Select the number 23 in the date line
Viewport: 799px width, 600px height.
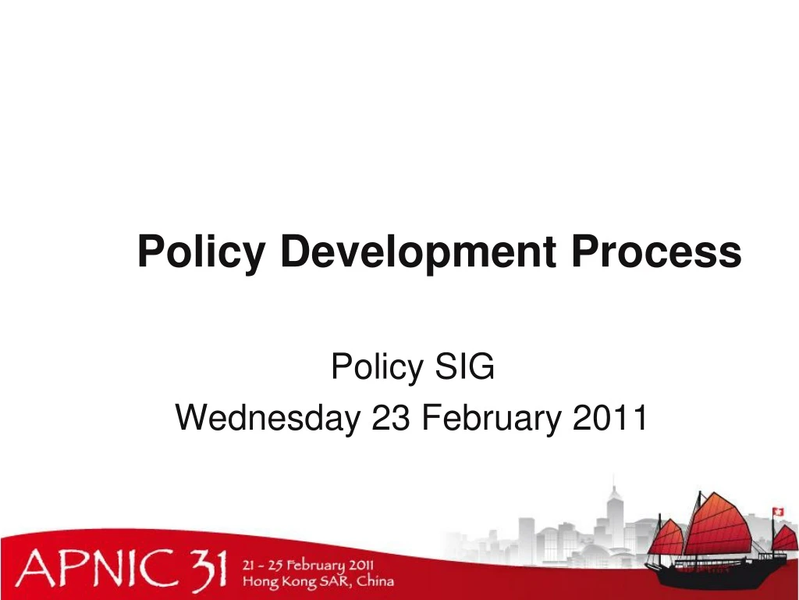[392, 419]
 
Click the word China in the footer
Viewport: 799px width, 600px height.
[375, 581]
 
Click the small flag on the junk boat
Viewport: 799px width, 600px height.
[778, 512]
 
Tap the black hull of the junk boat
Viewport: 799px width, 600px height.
[718, 578]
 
